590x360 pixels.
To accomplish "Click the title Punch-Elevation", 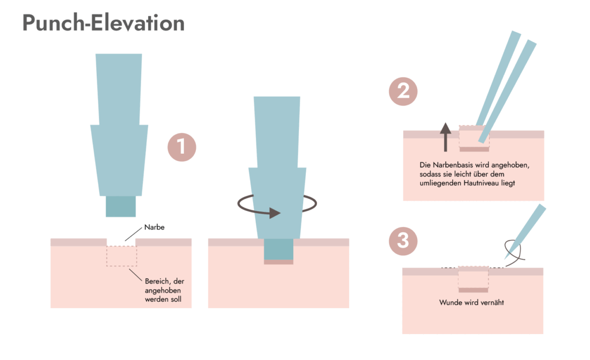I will click(x=104, y=23).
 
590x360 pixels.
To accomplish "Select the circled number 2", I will click(x=403, y=92).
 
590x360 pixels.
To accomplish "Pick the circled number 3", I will click(x=403, y=240).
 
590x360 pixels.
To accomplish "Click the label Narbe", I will click(x=155, y=228).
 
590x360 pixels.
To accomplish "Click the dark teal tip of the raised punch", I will click(x=120, y=206).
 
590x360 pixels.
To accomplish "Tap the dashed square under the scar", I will click(x=122, y=256).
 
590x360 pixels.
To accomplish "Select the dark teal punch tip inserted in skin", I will click(x=278, y=249).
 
